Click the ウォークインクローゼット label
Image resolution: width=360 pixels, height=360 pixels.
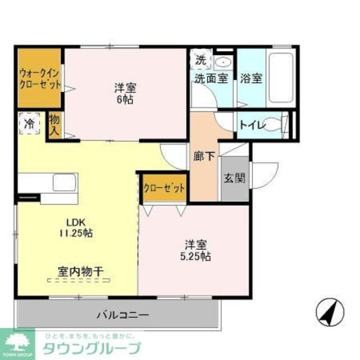[39, 78]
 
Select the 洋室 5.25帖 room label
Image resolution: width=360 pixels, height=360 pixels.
[196, 251]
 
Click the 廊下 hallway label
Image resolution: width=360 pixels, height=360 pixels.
[204, 156]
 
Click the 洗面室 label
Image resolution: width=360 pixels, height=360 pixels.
[211, 79]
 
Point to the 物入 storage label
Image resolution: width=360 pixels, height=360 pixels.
[55, 125]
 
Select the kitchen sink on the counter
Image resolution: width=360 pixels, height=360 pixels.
[64, 182]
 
